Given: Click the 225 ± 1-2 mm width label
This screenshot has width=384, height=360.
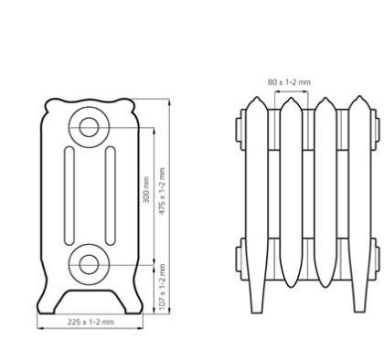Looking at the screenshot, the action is (91, 323).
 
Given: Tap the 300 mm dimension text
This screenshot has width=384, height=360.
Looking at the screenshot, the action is (146, 189).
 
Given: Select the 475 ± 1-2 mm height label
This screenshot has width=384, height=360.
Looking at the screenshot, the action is (162, 191).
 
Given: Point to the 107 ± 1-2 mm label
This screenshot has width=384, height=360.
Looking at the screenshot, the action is (162, 287).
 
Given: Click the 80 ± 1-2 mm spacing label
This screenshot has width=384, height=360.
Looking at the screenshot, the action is (289, 82).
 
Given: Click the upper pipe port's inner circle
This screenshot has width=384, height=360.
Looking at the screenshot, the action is (89, 127).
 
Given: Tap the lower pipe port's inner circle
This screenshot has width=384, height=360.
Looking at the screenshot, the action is (89, 264).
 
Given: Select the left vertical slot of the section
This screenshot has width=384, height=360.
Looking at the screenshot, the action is (69, 196).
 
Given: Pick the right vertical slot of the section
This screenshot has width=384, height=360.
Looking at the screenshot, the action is (111, 196).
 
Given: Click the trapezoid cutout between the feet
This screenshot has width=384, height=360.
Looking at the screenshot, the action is (90, 302).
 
